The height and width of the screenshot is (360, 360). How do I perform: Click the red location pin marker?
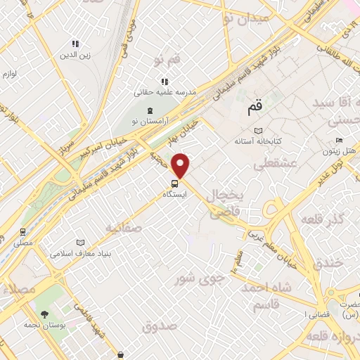(x=181, y=165)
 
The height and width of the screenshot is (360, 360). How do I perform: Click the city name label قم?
(x=254, y=109)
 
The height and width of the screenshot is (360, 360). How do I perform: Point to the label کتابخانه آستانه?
(x=259, y=141)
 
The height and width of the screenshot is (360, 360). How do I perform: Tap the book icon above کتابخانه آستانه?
(x=259, y=131)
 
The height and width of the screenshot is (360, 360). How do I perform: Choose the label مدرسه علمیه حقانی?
(x=165, y=91)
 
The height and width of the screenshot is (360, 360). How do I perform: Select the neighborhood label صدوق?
(x=157, y=326)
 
